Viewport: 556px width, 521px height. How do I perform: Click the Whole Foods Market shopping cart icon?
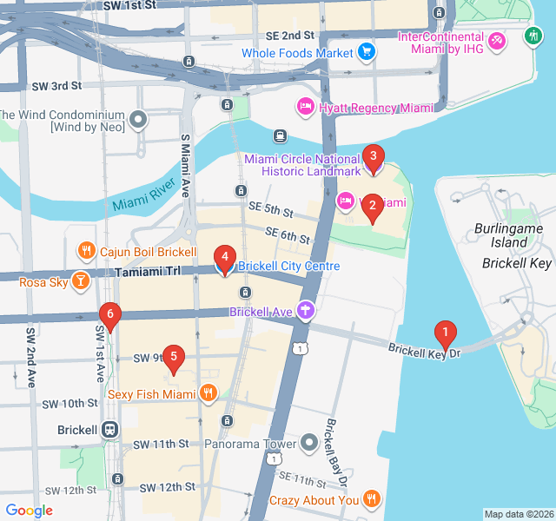[367, 53]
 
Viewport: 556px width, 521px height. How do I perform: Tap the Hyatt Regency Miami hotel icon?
[305, 108]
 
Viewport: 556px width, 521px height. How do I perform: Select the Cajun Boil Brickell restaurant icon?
[86, 252]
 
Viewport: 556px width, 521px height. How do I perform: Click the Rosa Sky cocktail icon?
[80, 281]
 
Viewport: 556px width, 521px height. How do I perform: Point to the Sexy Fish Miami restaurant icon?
[208, 393]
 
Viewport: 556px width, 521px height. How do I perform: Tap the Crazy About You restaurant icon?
[371, 499]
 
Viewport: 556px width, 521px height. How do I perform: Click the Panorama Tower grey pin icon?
[310, 443]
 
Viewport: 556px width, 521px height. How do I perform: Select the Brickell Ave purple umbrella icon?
[305, 311]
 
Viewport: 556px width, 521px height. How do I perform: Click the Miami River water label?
[143, 198]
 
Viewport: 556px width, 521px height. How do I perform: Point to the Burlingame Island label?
[501, 234]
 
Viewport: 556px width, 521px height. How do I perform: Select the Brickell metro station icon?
[110, 429]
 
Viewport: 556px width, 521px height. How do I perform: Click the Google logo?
[30, 510]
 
